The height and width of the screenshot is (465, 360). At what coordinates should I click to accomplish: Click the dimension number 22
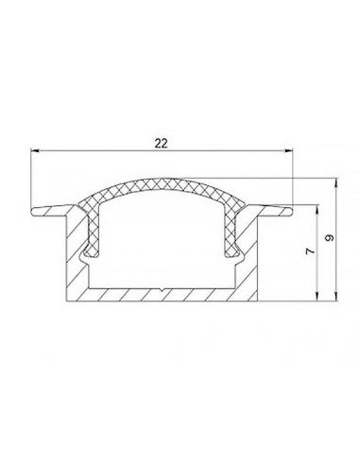tap(161, 144)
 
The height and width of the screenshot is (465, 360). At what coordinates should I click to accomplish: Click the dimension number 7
tap(310, 251)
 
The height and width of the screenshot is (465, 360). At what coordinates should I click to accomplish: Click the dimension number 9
tap(330, 238)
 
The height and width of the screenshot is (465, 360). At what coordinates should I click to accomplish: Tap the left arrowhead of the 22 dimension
tap(36, 151)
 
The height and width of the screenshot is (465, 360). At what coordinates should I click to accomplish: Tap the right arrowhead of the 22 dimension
tap(288, 151)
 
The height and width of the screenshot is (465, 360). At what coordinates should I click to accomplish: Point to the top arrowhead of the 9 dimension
tap(336, 183)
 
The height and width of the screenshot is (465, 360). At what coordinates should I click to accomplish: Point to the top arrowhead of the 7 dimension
tap(317, 210)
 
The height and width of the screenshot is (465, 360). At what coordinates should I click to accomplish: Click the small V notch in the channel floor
tap(162, 290)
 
